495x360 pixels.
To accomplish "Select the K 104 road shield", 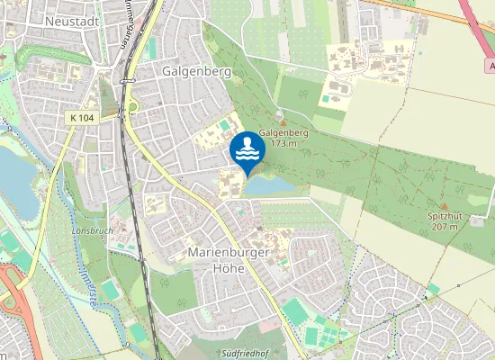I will point(82,118).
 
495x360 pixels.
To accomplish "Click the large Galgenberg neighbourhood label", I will point(197,70).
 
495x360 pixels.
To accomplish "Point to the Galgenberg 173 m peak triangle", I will point(283,122).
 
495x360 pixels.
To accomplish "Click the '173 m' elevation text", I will point(283,143).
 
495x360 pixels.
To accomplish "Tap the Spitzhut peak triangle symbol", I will point(444,206).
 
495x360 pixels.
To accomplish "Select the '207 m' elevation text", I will point(444,227).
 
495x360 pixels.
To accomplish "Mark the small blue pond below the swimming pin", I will point(270,185).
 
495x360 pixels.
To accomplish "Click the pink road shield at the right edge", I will point(490,65).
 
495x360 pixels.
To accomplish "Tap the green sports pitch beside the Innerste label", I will point(110,290).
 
